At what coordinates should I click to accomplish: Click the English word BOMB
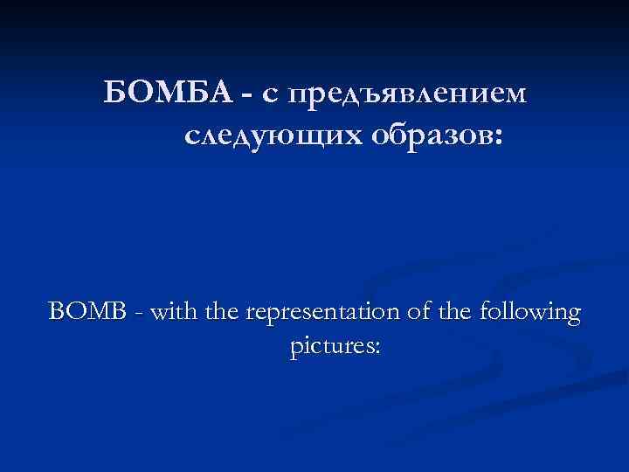[86, 311]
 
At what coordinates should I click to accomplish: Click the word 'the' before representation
[225, 311]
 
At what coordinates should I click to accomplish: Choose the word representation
[323, 313]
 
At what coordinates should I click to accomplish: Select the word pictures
[330, 348]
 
